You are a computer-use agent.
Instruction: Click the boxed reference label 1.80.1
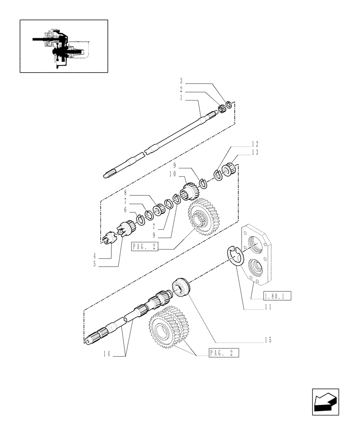coord(277,297)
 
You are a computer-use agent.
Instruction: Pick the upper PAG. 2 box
coord(144,247)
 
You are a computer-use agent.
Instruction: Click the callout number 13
coord(255,152)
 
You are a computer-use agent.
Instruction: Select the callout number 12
coord(255,144)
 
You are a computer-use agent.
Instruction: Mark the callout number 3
coord(181,81)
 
